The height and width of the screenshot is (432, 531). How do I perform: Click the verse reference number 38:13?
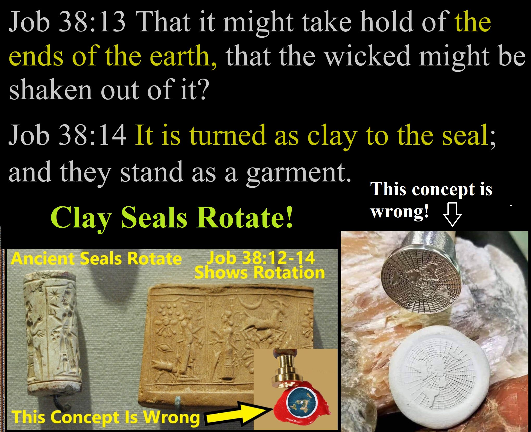pos(92,22)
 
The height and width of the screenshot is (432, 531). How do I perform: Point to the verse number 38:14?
pos(92,135)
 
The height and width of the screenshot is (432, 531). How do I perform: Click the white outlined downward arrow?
pos(452,214)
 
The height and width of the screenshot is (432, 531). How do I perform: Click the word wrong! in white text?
pos(400,212)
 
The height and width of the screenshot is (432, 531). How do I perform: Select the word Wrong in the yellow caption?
pos(172,417)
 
